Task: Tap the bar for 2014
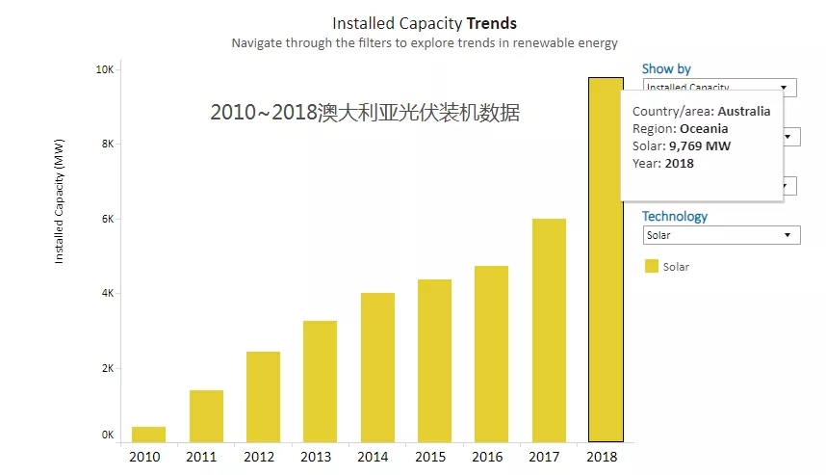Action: pyautogui.click(x=377, y=367)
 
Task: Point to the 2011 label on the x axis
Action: pyautogui.click(x=201, y=457)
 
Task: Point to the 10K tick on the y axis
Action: pyautogui.click(x=104, y=70)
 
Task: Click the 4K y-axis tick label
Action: pyautogui.click(x=107, y=293)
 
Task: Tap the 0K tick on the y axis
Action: pyautogui.click(x=107, y=435)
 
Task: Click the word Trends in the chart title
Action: pyautogui.click(x=492, y=23)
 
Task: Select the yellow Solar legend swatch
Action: pyautogui.click(x=651, y=266)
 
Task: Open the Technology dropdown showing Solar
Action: pyautogui.click(x=721, y=235)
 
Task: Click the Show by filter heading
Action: pyautogui.click(x=666, y=69)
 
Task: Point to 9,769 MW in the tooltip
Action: pyautogui.click(x=701, y=146)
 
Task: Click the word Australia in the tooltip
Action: pyautogui.click(x=743, y=112)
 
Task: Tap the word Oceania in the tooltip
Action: pyautogui.click(x=703, y=129)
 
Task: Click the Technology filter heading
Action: pyautogui.click(x=674, y=217)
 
